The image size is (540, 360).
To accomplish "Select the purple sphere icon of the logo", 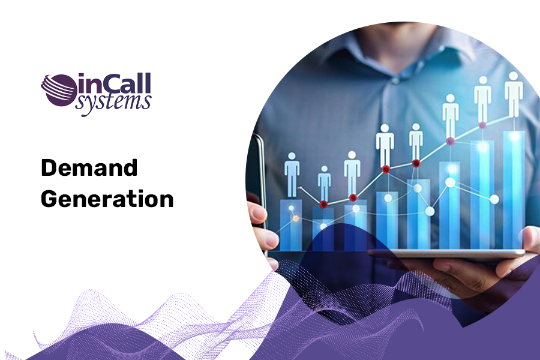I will (x=58, y=90).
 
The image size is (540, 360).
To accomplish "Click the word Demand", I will (x=89, y=169).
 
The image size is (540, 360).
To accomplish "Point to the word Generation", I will (x=107, y=199).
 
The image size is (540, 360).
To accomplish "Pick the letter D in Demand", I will (x=48, y=169).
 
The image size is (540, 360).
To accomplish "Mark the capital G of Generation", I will (x=50, y=199).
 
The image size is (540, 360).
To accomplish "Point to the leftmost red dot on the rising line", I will (x=323, y=205).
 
